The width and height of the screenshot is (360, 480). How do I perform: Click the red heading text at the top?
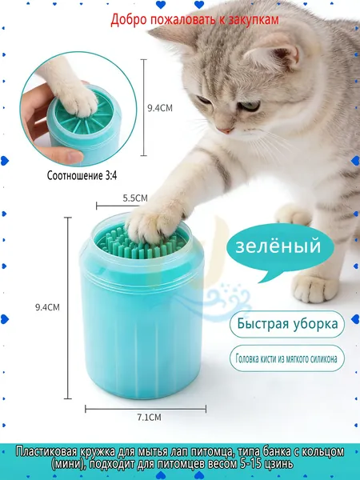tap(194, 19)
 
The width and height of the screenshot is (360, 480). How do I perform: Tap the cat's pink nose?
tap(226, 130)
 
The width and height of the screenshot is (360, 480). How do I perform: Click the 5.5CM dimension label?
tap(135, 198)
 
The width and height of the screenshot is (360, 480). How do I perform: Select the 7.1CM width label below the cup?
tap(149, 418)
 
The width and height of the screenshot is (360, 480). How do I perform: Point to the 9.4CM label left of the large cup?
tap(47, 307)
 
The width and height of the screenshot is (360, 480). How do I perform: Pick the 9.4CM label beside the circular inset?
tap(160, 108)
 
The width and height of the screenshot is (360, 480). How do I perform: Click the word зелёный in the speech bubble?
tap(278, 246)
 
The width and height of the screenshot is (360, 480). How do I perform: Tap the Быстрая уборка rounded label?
tap(287, 324)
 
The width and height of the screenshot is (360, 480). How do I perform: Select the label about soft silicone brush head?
tap(287, 358)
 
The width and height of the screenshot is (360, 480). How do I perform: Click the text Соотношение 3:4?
tap(82, 176)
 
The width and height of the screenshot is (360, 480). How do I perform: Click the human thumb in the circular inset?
tap(62, 155)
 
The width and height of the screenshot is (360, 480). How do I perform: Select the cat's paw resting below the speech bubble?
tap(314, 287)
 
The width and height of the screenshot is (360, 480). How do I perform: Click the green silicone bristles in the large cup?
tap(142, 245)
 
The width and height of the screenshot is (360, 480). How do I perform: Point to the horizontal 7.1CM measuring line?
tap(146, 409)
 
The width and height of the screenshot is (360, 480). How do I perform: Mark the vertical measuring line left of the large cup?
tap(68, 308)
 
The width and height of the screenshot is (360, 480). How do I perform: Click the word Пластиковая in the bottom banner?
tap(46, 452)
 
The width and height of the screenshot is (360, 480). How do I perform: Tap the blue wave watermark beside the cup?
tap(228, 302)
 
